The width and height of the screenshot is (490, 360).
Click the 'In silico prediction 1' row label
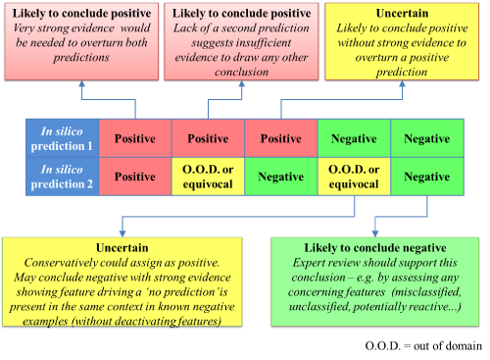[x=62, y=138]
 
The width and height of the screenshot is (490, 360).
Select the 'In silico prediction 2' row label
[x=62, y=177]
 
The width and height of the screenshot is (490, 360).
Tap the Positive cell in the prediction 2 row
[x=134, y=177]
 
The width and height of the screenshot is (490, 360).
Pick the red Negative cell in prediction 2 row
[x=281, y=177]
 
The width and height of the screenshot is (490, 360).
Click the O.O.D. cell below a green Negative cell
[x=354, y=177]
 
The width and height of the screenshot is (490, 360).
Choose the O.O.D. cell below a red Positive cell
[x=208, y=177]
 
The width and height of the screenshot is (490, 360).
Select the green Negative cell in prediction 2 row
[x=427, y=177]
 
